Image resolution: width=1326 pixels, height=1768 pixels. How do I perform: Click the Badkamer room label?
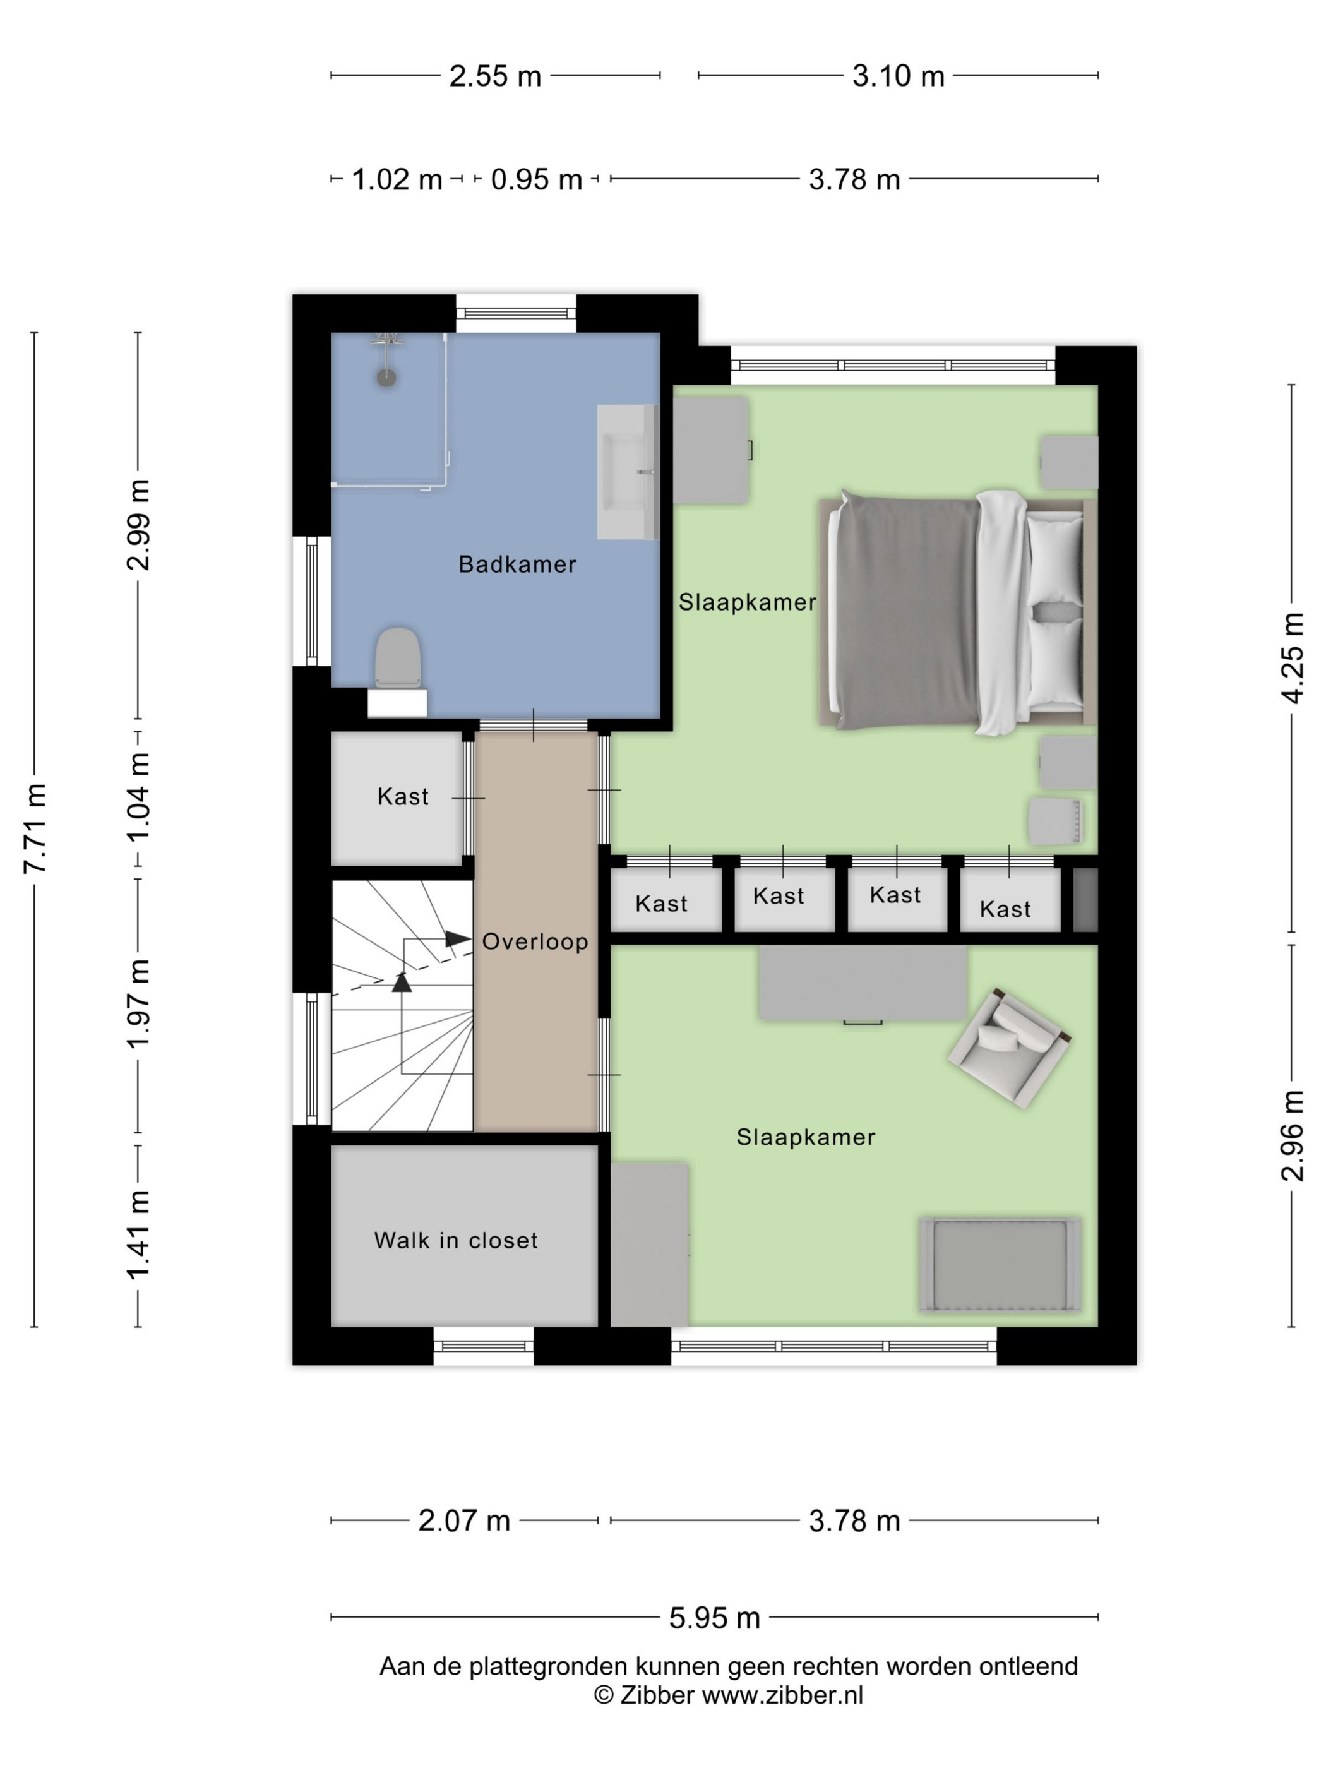tap(517, 564)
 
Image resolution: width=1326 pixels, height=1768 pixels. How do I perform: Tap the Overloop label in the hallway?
tap(535, 941)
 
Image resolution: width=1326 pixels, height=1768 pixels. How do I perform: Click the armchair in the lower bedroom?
tap(1008, 1048)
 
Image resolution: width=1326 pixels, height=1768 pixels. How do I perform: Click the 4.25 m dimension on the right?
tap(1293, 659)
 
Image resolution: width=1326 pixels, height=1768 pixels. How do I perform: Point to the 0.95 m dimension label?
tap(536, 179)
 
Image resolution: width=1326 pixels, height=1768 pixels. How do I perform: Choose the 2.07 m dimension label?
tap(463, 1520)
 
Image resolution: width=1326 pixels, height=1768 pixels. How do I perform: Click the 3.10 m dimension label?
tap(899, 76)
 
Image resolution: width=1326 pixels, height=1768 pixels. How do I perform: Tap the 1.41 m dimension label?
tap(138, 1235)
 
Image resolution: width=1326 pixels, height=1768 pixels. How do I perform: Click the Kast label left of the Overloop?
tap(403, 796)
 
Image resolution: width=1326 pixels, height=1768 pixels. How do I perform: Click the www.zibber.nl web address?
tap(782, 1695)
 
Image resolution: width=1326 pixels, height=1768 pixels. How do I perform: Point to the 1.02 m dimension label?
tap(397, 179)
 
